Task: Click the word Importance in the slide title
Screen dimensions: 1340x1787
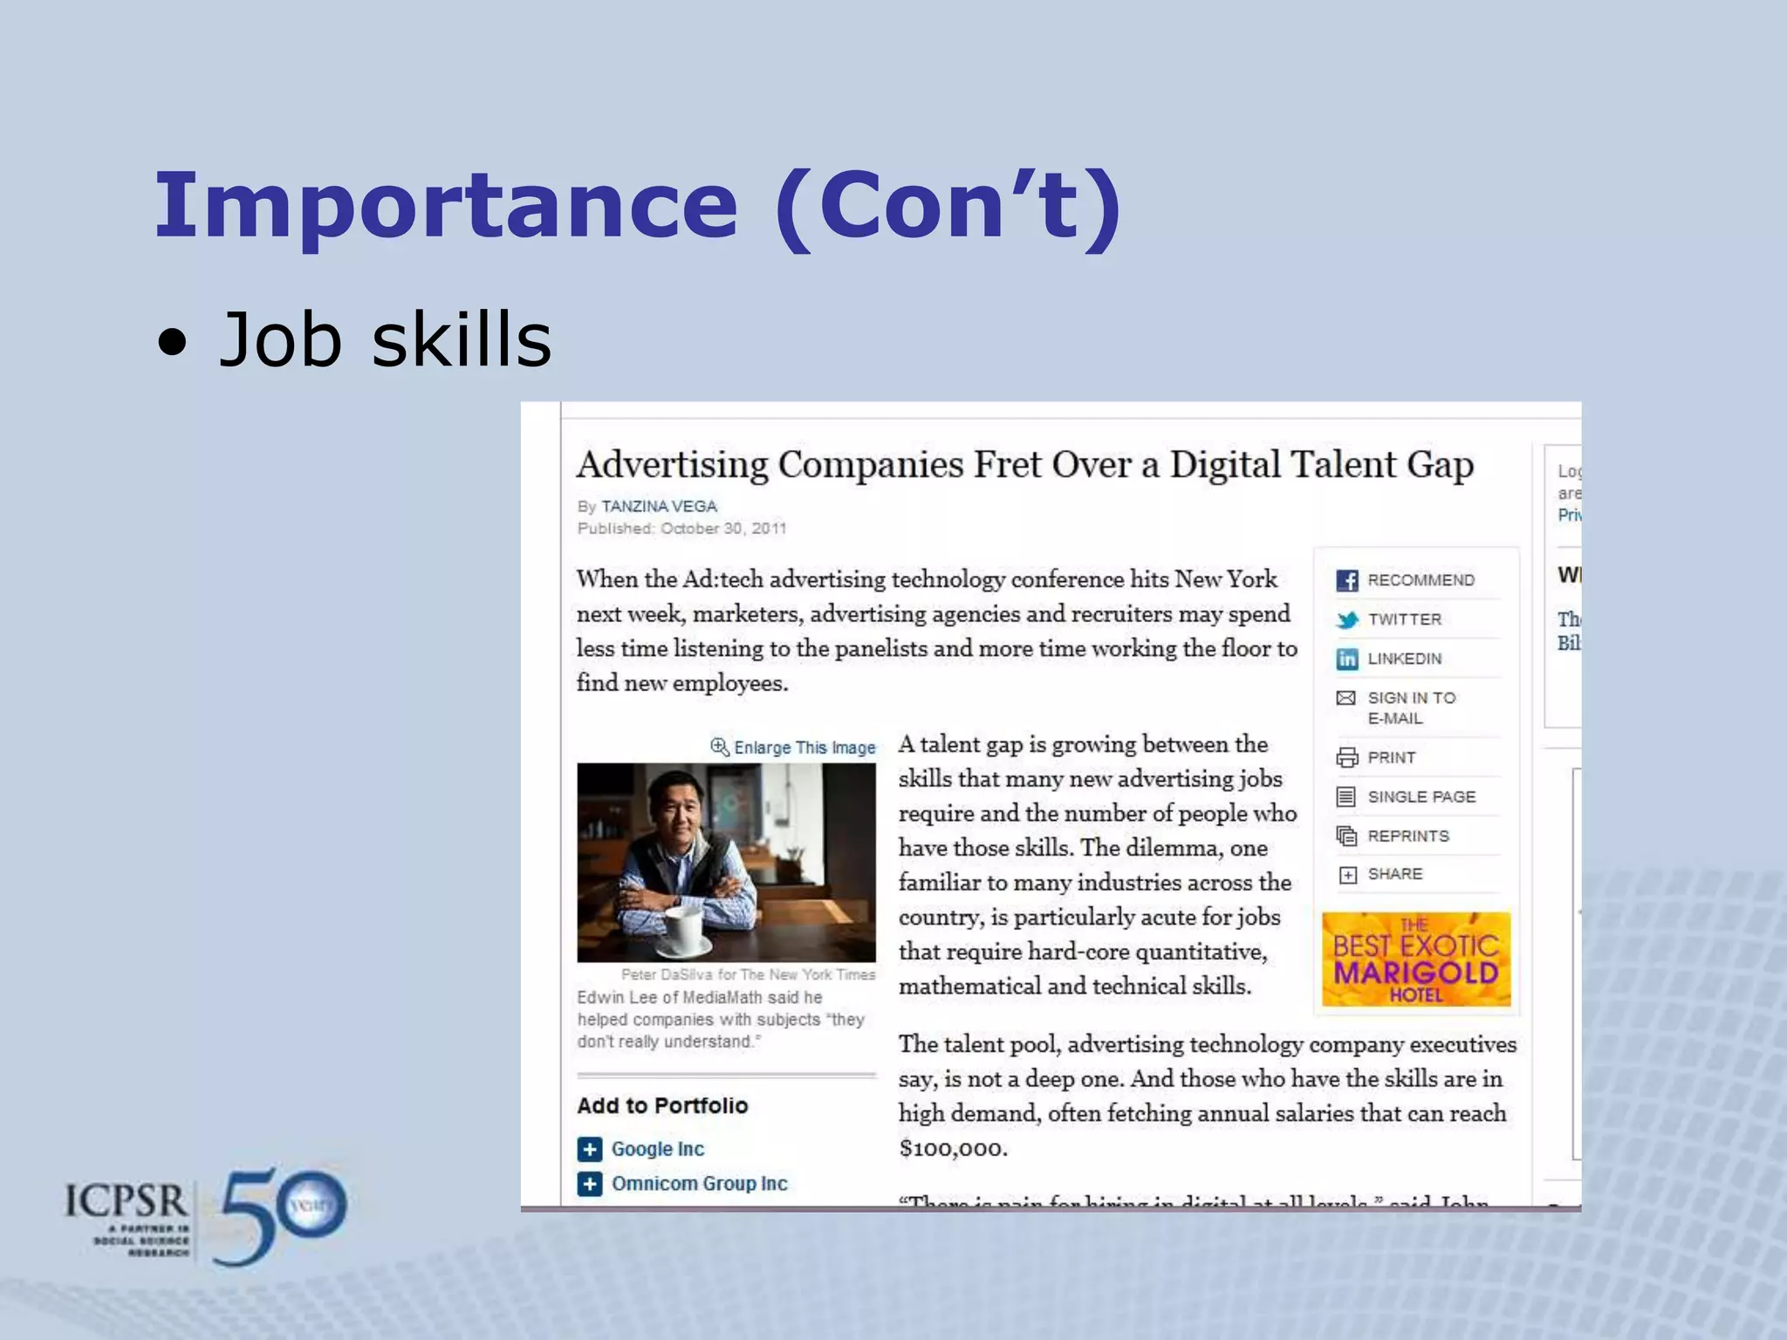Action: [446, 206]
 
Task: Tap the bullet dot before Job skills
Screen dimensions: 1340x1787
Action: [173, 343]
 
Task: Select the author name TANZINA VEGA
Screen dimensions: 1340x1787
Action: [659, 506]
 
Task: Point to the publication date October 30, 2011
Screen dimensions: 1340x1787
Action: [723, 529]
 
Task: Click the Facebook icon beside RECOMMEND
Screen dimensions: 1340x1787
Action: [1347, 580]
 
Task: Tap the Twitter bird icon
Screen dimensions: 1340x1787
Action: [1347, 619]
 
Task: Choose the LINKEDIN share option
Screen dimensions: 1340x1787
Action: [1404, 659]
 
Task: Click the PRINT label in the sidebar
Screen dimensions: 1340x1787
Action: [1392, 757]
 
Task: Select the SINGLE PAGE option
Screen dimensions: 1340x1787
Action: [1421, 796]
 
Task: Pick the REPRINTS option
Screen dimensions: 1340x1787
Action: [1408, 836]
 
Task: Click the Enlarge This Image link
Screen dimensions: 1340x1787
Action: [804, 748]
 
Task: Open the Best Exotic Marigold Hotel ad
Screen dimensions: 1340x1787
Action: [1416, 959]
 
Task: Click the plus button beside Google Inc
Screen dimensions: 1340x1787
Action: [590, 1149]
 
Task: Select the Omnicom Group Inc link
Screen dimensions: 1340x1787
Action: [699, 1184]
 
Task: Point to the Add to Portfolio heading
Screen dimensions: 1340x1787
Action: [662, 1105]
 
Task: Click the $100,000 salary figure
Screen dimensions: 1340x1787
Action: [953, 1148]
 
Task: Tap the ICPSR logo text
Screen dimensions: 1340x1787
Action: [127, 1202]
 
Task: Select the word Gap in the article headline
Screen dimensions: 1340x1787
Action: [1440, 465]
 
